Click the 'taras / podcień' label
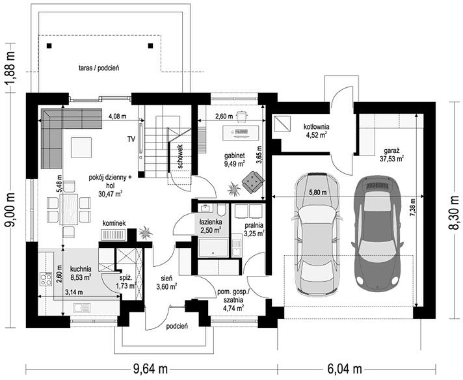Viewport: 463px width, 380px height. click(x=99, y=68)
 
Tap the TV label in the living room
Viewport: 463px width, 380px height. click(x=131, y=139)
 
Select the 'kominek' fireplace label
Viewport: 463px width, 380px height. click(x=114, y=223)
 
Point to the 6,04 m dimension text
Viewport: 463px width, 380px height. click(x=345, y=369)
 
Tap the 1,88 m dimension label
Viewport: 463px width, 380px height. click(x=10, y=68)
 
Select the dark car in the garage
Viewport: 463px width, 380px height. click(x=377, y=233)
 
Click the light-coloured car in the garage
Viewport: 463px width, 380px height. click(x=317, y=234)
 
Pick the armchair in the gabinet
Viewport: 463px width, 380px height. click(x=253, y=182)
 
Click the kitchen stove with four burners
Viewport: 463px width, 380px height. click(x=46, y=279)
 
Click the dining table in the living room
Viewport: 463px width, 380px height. click(x=69, y=210)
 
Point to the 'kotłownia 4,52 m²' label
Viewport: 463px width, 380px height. click(x=316, y=131)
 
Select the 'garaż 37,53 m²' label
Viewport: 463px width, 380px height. click(x=391, y=155)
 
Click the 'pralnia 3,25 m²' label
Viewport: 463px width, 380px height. click(x=254, y=229)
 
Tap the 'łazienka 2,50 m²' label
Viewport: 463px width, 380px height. click(x=211, y=226)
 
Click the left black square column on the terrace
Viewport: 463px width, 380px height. click(x=49, y=46)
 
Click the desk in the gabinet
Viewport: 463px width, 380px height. click(x=241, y=132)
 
